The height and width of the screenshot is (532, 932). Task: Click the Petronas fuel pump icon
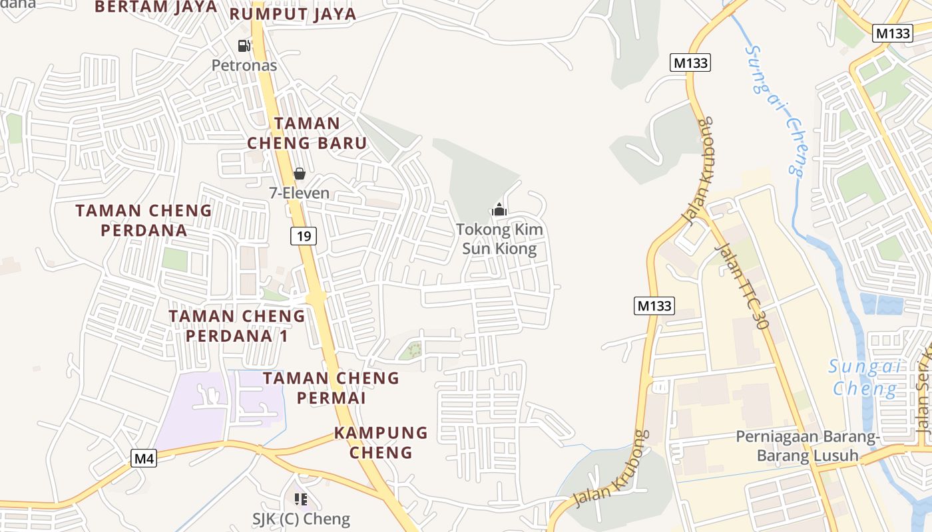point(244,46)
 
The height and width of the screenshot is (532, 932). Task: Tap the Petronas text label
point(244,65)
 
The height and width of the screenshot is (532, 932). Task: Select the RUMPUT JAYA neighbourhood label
point(293,14)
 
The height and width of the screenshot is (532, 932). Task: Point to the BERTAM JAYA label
point(156,7)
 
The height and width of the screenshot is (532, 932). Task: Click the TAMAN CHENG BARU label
point(307,133)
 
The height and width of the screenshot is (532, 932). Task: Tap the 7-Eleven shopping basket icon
point(300,174)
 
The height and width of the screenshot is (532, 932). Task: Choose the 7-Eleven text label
point(299,193)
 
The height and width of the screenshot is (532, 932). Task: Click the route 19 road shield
point(303,235)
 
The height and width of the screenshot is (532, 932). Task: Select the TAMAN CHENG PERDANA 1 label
point(236,326)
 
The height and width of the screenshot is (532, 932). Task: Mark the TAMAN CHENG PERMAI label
point(331,388)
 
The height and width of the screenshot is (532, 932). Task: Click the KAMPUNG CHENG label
point(381,442)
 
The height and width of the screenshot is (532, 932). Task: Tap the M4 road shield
point(144,458)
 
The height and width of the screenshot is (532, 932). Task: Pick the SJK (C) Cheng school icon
point(300,499)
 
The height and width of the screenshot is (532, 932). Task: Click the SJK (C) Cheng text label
point(301,519)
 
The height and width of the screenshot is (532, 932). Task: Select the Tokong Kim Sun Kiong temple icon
point(499,209)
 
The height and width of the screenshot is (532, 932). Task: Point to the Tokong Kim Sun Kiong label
point(499,239)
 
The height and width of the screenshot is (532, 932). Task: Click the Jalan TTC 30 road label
point(741,286)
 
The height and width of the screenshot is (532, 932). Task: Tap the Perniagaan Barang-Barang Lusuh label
point(808,446)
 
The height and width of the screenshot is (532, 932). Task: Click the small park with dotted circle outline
point(414,349)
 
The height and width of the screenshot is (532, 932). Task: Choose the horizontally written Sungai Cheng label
point(864,377)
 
